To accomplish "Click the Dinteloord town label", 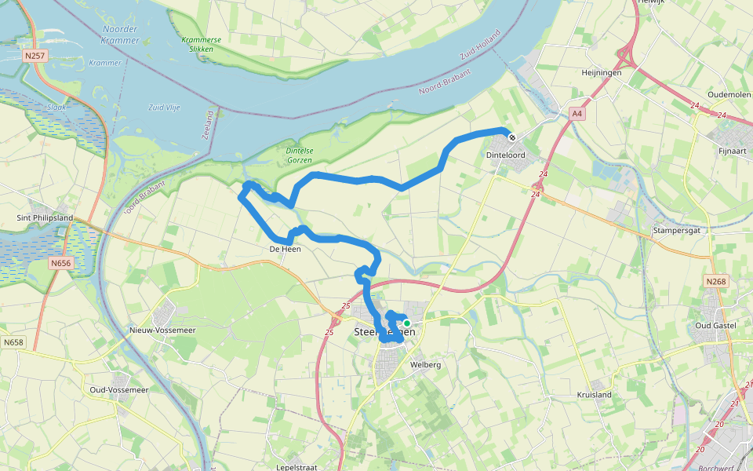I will pyautogui.click(x=504, y=155).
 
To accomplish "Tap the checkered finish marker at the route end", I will pyautogui.click(x=512, y=137).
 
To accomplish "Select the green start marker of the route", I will pyautogui.click(x=407, y=323).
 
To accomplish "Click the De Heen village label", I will pyautogui.click(x=285, y=249).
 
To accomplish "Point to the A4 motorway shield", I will pyautogui.click(x=577, y=114).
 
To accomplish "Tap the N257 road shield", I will pyautogui.click(x=34, y=56).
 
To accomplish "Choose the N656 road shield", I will pyautogui.click(x=60, y=264).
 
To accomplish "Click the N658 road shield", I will pyautogui.click(x=13, y=342).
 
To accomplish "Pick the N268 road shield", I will pyautogui.click(x=715, y=281).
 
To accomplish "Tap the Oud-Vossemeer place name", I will pyautogui.click(x=118, y=389).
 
